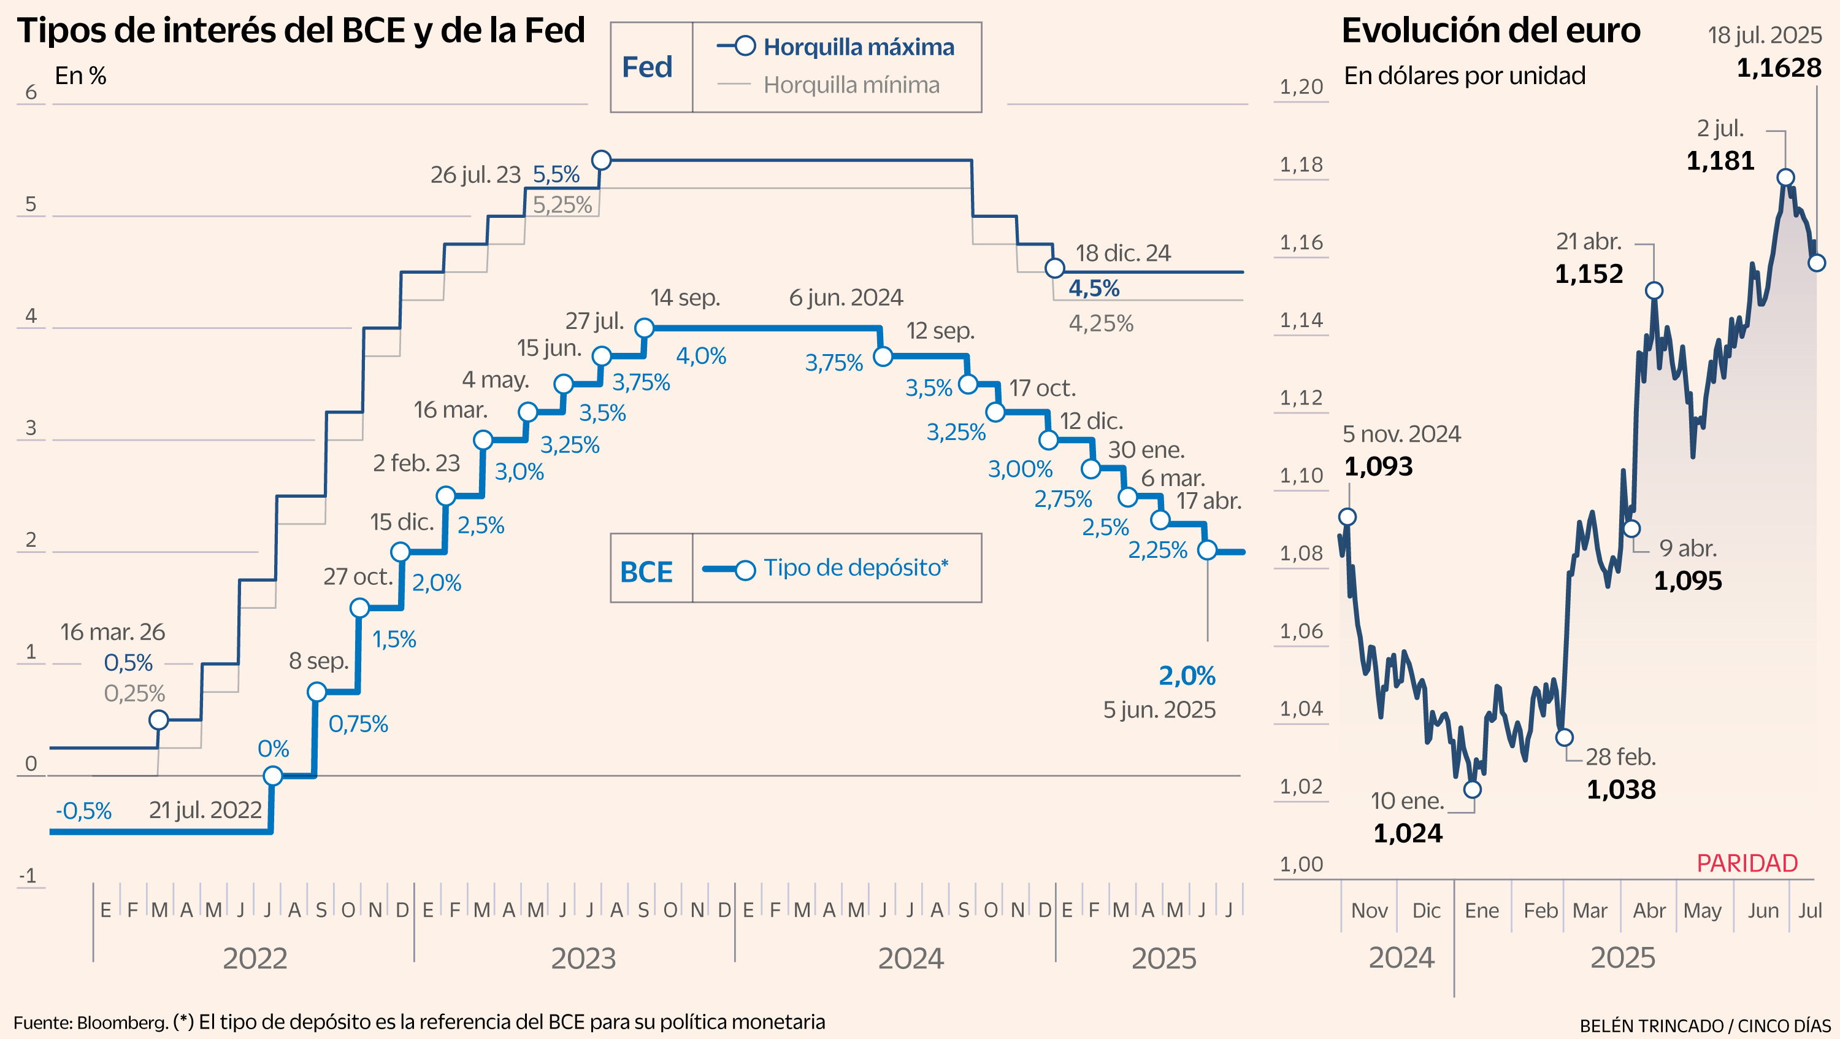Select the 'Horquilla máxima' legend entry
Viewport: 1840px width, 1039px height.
click(x=858, y=47)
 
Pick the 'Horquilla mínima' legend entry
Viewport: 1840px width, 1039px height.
click(x=851, y=85)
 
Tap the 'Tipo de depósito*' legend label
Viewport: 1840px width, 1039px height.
click(x=855, y=568)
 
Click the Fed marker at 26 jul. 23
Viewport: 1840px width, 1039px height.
click(x=602, y=160)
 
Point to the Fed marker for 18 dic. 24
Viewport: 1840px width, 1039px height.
click(x=1054, y=269)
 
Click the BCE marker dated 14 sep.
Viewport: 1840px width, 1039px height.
click(x=644, y=328)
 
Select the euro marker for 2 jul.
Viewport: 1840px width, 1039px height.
click(x=1785, y=177)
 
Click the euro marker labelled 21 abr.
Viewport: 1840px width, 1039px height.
click(x=1654, y=290)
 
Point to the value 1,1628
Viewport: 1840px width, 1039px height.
click(x=1779, y=69)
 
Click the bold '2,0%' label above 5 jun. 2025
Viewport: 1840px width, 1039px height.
click(x=1186, y=676)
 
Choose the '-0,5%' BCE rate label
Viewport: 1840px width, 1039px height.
click(x=83, y=811)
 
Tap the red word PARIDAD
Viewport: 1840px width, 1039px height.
click(x=1746, y=864)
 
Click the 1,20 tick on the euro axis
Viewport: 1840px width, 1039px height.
click(x=1301, y=87)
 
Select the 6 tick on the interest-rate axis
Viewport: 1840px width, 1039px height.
click(x=31, y=92)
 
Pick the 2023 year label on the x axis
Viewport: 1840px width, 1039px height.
click(x=583, y=958)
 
